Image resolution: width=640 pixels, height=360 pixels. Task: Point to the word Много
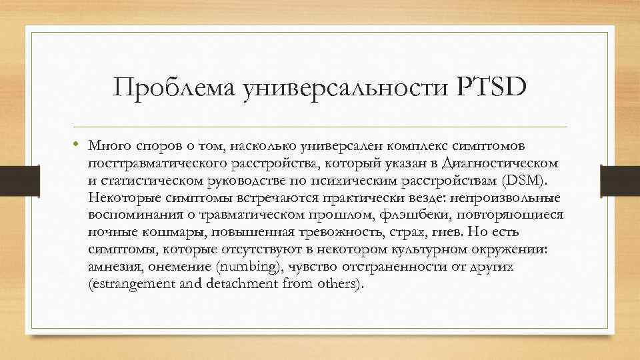107,145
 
